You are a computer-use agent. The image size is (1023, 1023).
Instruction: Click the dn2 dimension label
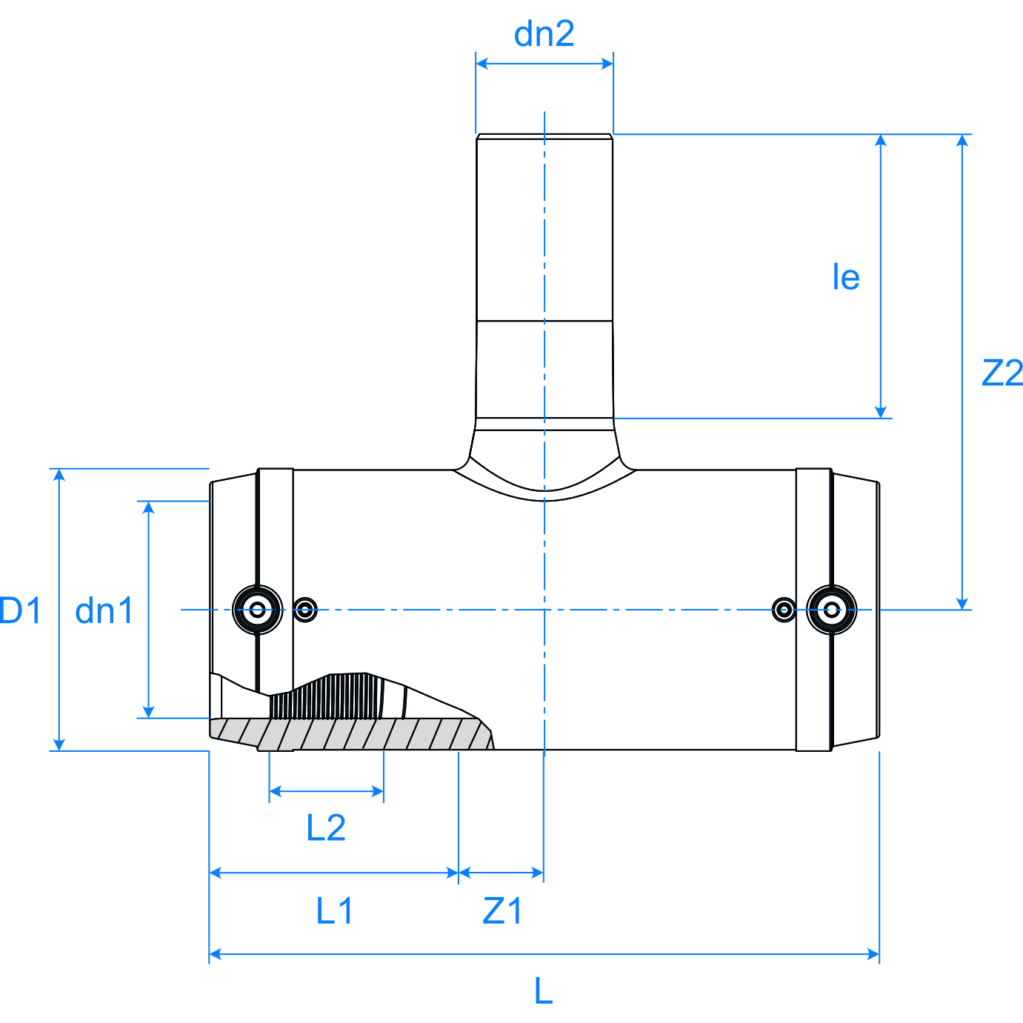pyautogui.click(x=544, y=34)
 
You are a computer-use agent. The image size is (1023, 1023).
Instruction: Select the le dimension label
pyautogui.click(x=845, y=277)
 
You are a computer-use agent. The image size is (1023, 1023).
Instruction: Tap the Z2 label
pyautogui.click(x=1002, y=373)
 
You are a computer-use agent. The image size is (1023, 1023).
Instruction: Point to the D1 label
pyautogui.click(x=21, y=610)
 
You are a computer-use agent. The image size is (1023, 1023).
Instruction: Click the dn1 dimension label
pyautogui.click(x=104, y=610)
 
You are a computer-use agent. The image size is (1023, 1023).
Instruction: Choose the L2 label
pyautogui.click(x=326, y=827)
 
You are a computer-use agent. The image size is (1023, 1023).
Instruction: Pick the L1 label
pyautogui.click(x=335, y=910)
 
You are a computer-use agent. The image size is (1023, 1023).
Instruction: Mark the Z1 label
pyautogui.click(x=502, y=910)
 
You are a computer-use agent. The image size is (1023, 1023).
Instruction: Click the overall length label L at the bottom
pyautogui.click(x=543, y=990)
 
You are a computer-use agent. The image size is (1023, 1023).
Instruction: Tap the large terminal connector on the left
pyautogui.click(x=258, y=610)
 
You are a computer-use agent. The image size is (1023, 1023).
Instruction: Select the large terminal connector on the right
pyautogui.click(x=832, y=610)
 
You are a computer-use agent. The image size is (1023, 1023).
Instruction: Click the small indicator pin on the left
pyautogui.click(x=305, y=610)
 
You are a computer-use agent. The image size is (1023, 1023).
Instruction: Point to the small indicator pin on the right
pyautogui.click(x=784, y=610)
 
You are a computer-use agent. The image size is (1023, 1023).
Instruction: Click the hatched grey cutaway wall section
pyautogui.click(x=356, y=734)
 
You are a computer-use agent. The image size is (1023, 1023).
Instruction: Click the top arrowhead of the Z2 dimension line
pyautogui.click(x=962, y=141)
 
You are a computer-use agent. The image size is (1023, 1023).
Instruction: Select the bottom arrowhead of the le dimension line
pyautogui.click(x=881, y=412)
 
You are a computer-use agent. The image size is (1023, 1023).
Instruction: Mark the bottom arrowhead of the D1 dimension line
pyautogui.click(x=60, y=744)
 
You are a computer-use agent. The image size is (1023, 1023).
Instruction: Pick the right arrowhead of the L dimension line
pyautogui.click(x=873, y=954)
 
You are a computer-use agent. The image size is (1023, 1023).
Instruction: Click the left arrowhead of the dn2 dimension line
pyautogui.click(x=481, y=64)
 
